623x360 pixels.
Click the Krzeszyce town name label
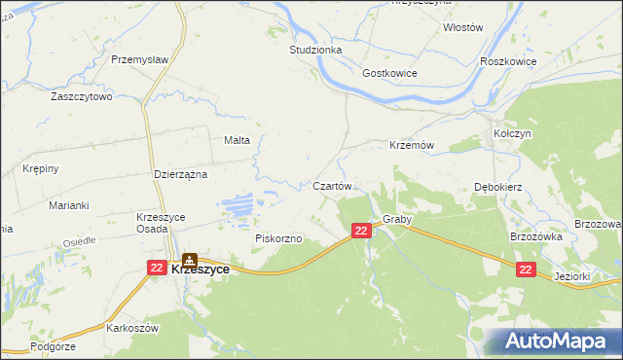click(201, 270)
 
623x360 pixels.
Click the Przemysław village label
click(140, 58)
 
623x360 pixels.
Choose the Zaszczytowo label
click(82, 97)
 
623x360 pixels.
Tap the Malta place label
click(238, 140)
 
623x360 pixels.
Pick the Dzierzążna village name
click(182, 174)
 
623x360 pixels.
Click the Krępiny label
click(41, 168)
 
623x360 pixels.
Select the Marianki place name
click(69, 205)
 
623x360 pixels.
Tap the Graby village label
click(397, 220)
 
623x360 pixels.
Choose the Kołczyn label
click(511, 132)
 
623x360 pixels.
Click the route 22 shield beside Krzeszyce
click(157, 267)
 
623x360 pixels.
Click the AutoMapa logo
click(556, 342)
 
